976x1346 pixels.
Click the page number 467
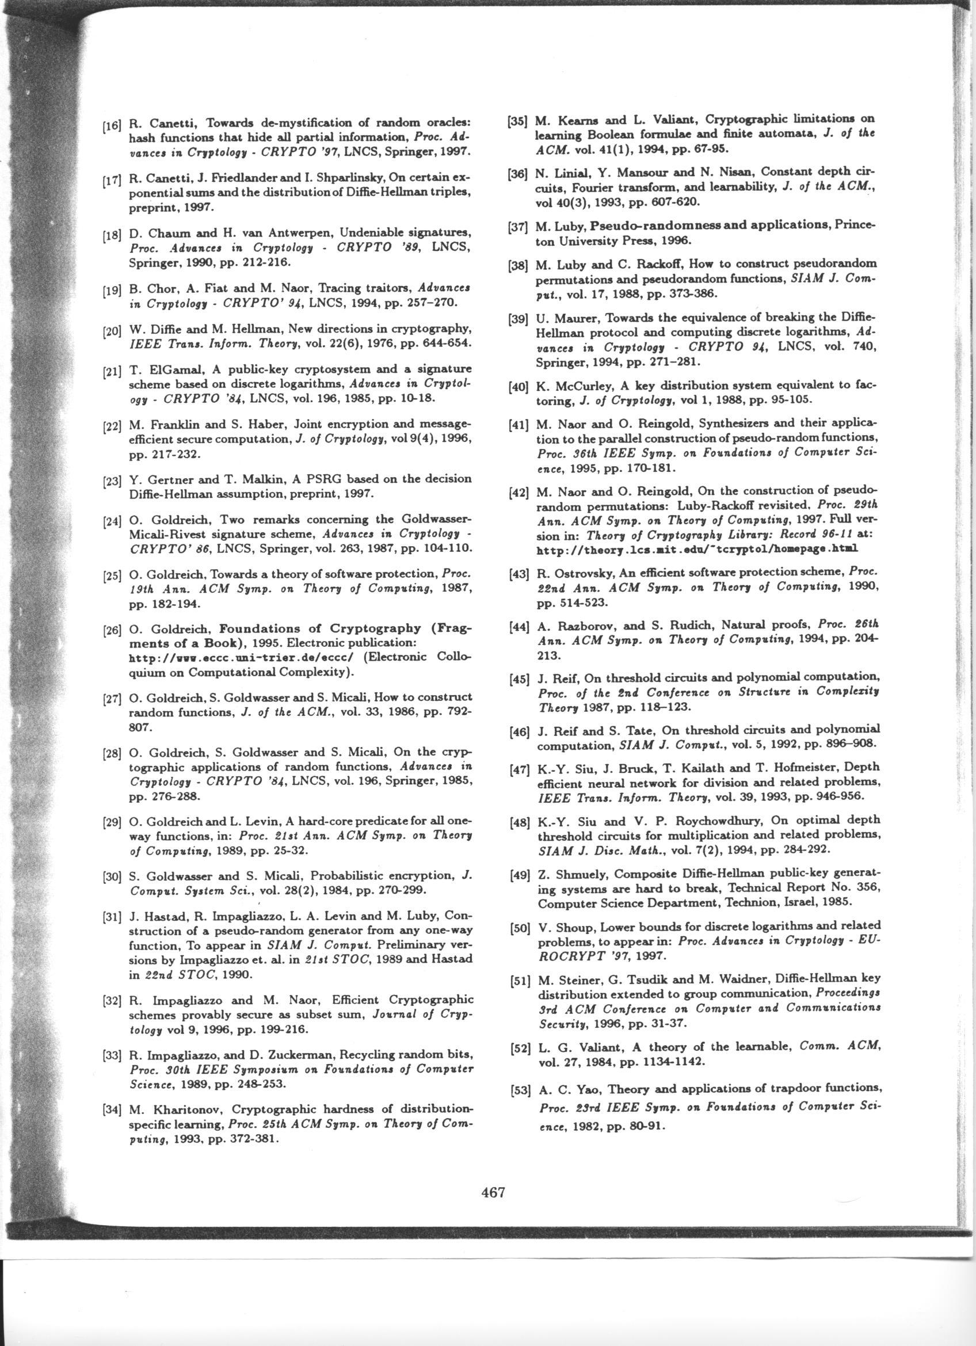coord(493,1191)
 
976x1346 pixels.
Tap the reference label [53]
coord(520,1090)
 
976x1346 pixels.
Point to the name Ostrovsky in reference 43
coord(585,573)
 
